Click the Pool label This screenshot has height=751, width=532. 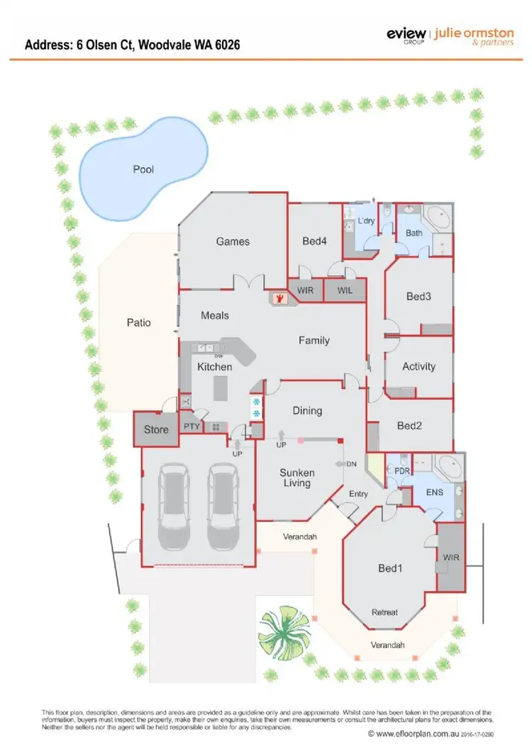point(143,169)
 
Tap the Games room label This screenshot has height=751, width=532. point(233,242)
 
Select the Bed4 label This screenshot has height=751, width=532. point(314,242)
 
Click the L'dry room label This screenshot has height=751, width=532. point(366,221)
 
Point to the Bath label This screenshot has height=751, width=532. point(414,233)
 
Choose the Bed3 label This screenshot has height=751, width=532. point(419,297)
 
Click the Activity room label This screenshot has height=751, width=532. point(419,366)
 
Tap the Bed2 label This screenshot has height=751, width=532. point(409,426)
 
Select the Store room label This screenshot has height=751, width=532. point(156,429)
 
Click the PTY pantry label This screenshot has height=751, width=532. point(192,427)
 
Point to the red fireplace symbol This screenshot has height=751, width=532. point(281,298)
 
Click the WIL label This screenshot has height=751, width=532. point(345,290)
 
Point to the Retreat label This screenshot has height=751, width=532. point(385,612)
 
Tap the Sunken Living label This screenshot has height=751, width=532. point(296,478)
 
